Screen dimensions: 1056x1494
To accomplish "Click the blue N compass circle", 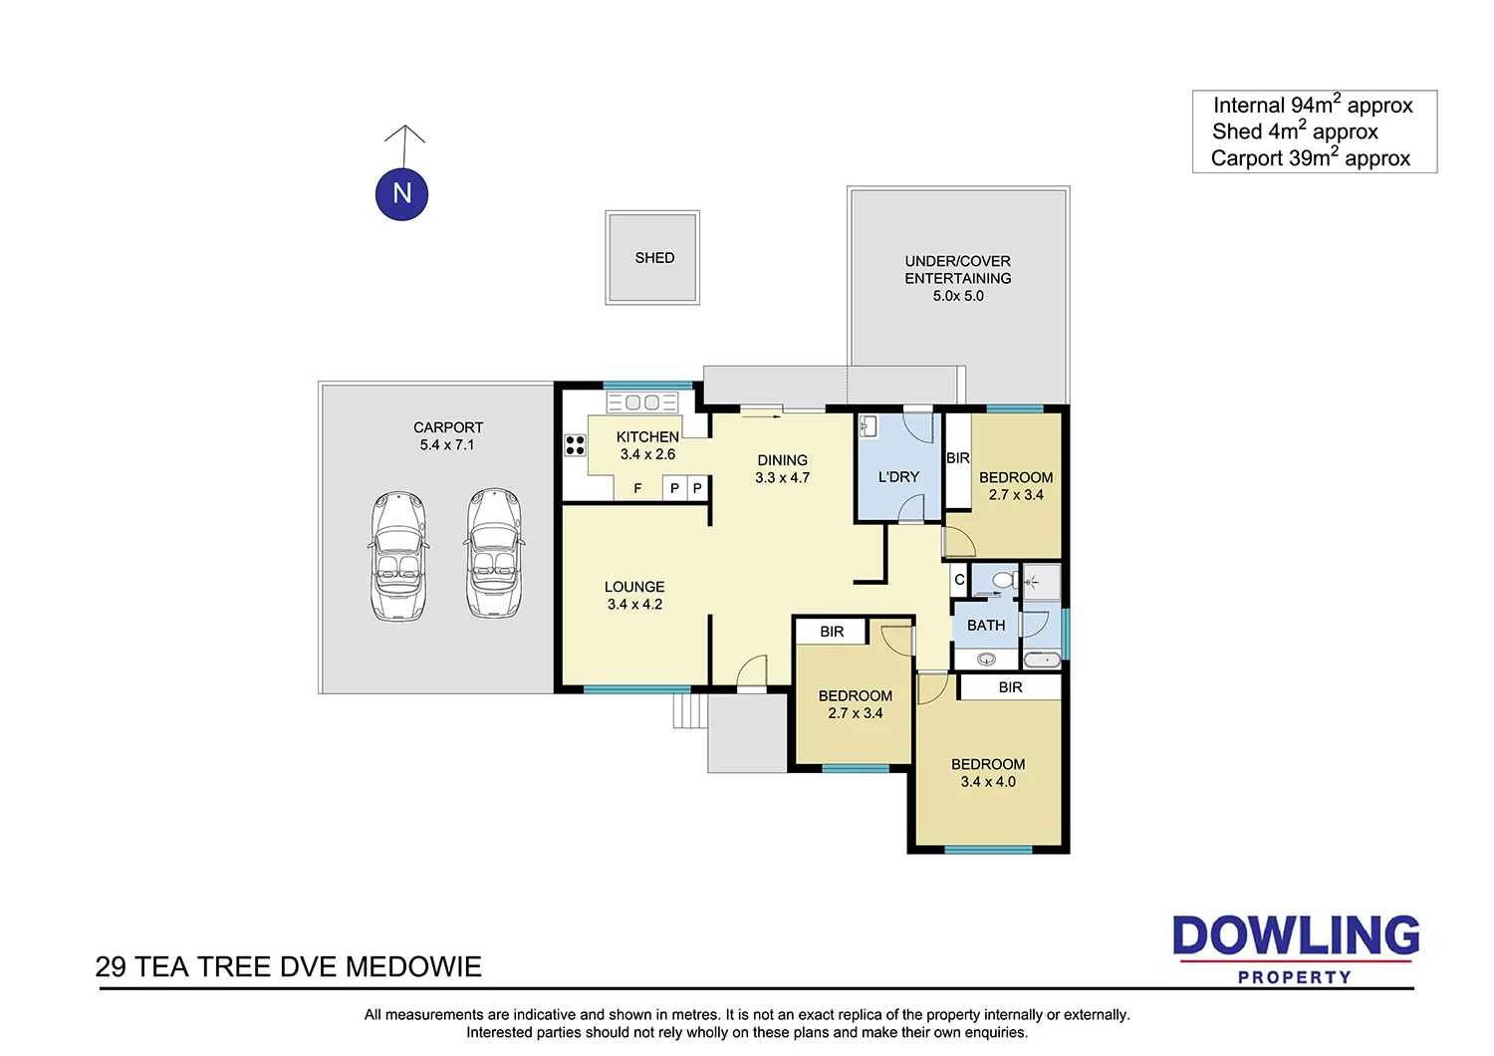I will click(401, 193).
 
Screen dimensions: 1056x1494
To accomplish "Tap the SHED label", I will click(654, 258).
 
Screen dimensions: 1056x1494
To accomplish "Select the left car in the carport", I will click(398, 556).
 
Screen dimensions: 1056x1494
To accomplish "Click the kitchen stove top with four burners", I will click(575, 445).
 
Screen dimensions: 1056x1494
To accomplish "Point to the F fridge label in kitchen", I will click(637, 488).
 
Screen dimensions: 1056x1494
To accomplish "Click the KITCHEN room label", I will click(647, 437).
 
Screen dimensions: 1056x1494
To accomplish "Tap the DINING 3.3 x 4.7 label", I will click(782, 469).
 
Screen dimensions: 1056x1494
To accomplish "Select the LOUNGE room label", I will click(634, 587).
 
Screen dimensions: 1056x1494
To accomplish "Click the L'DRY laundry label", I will click(898, 477).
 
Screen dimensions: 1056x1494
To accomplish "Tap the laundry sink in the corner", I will click(868, 426).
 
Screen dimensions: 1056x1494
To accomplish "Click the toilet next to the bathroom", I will click(1004, 580).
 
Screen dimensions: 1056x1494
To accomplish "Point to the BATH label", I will click(986, 626).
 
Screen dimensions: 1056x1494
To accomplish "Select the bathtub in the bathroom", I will click(1042, 659).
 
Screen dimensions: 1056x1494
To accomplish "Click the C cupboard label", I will click(959, 580).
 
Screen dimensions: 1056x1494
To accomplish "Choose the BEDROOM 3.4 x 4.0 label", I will click(988, 773).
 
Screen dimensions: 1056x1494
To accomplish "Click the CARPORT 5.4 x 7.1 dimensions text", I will click(447, 445).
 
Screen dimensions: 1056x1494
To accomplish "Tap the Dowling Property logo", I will click(1295, 949).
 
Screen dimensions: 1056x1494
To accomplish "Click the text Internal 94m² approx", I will click(1313, 106).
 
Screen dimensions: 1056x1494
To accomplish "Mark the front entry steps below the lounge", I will click(688, 711).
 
